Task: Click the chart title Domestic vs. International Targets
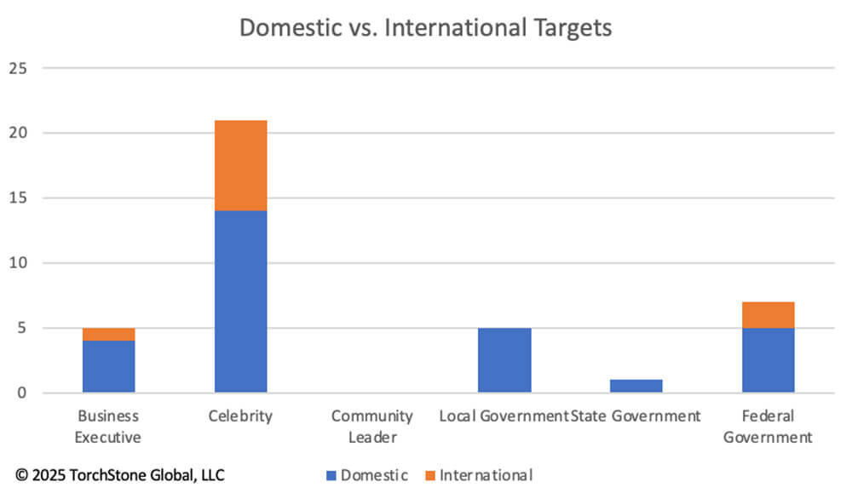(x=425, y=27)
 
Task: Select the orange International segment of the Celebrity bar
(x=240, y=165)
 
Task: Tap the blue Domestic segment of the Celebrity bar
(x=240, y=301)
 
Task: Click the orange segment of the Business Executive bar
(x=108, y=335)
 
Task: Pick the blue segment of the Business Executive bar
(x=108, y=367)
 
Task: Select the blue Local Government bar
(x=504, y=360)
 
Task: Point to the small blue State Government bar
(x=636, y=386)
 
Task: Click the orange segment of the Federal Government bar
(x=768, y=315)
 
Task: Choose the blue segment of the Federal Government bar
(x=768, y=360)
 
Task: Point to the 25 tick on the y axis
(x=20, y=68)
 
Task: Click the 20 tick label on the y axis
(x=20, y=133)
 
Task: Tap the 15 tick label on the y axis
(x=20, y=198)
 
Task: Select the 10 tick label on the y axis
(x=20, y=263)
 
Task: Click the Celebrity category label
(x=240, y=416)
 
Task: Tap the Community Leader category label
(x=372, y=427)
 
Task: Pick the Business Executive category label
(x=108, y=427)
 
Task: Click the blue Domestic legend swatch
(x=331, y=475)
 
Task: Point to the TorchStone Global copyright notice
(x=120, y=475)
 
